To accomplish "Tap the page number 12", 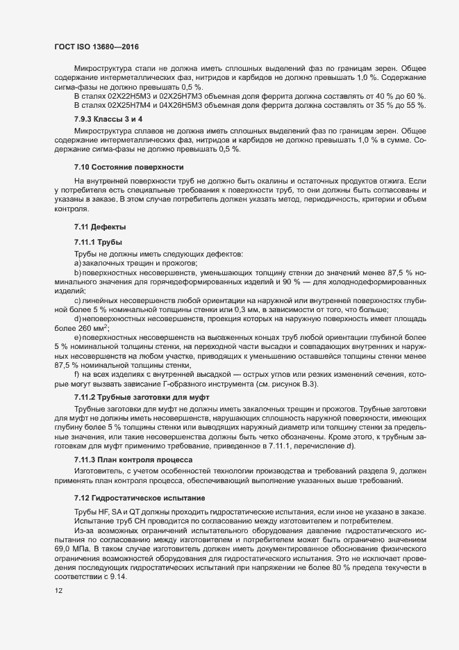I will click(59, 591).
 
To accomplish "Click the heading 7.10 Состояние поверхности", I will click(128, 167).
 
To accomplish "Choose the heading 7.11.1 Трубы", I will click(98, 242).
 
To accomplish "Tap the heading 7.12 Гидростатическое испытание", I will click(136, 498).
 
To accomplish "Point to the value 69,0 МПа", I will click(73, 549).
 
